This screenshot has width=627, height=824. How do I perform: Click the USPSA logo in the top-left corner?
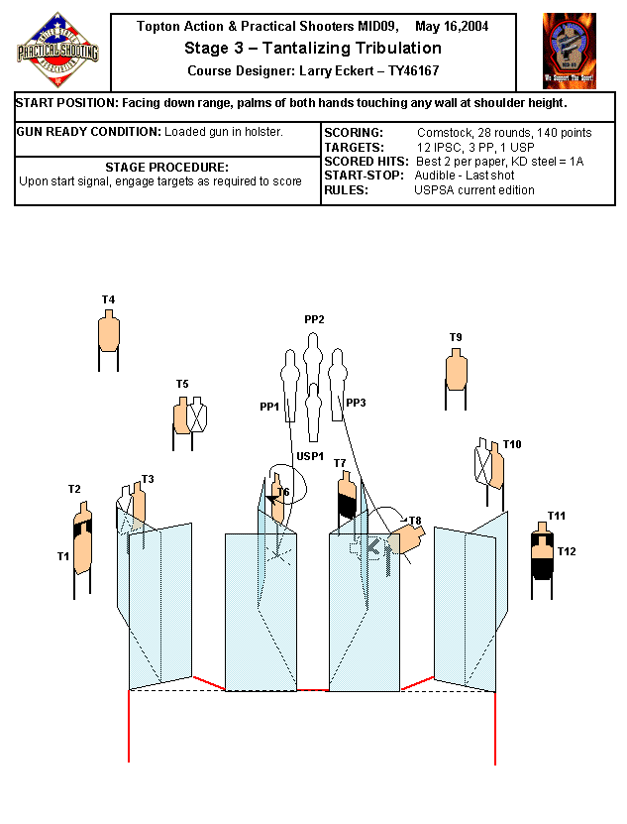point(57,47)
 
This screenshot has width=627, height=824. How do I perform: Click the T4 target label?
point(108,299)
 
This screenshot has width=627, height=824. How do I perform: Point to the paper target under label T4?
point(108,331)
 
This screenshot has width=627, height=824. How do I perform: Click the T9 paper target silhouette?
point(456,369)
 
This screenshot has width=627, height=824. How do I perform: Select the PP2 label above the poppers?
point(314,319)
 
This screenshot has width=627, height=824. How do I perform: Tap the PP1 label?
point(269,407)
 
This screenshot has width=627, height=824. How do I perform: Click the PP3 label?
point(356,403)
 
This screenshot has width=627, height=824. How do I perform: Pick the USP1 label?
point(310,456)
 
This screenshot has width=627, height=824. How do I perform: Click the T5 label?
point(182,384)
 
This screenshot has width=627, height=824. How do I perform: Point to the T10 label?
point(512,444)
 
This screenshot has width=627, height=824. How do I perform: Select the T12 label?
point(567,551)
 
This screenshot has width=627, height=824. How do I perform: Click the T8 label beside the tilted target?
point(414,520)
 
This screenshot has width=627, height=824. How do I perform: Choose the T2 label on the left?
point(74,489)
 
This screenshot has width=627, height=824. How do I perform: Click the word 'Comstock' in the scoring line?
point(442,132)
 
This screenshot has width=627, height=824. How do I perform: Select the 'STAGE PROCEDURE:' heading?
point(166,167)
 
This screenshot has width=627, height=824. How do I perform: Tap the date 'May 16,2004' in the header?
point(452,26)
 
